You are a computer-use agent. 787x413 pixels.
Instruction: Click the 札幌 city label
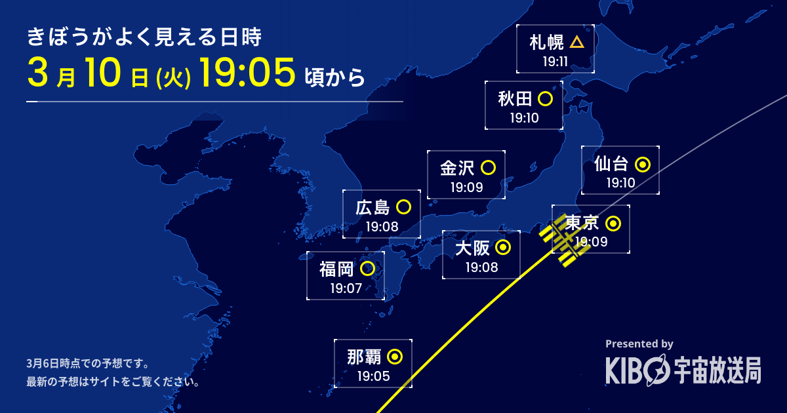(x=546, y=43)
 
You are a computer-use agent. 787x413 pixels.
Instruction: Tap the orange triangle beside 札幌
(x=576, y=43)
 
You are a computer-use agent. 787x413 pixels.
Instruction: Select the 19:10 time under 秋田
(x=524, y=119)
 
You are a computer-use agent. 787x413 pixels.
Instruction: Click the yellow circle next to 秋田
(x=544, y=99)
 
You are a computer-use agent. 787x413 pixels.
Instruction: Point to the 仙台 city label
(x=611, y=164)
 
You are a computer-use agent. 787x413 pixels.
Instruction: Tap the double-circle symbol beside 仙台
(x=643, y=164)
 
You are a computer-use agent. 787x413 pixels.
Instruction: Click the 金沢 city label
(x=457, y=168)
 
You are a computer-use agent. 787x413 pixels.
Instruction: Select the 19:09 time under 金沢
(x=466, y=187)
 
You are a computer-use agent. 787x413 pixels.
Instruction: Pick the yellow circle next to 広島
(x=404, y=207)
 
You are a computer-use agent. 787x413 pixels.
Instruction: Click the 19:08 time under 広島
(x=382, y=227)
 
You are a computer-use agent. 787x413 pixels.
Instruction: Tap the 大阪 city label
(x=472, y=248)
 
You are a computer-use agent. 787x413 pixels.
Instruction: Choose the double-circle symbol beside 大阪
(x=503, y=247)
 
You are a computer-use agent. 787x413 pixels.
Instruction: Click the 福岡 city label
(x=336, y=269)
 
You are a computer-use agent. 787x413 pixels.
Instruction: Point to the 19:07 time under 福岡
(x=346, y=288)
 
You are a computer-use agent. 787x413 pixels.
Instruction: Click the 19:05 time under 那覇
(x=373, y=376)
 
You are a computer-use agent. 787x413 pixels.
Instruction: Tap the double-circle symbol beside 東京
(x=613, y=224)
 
